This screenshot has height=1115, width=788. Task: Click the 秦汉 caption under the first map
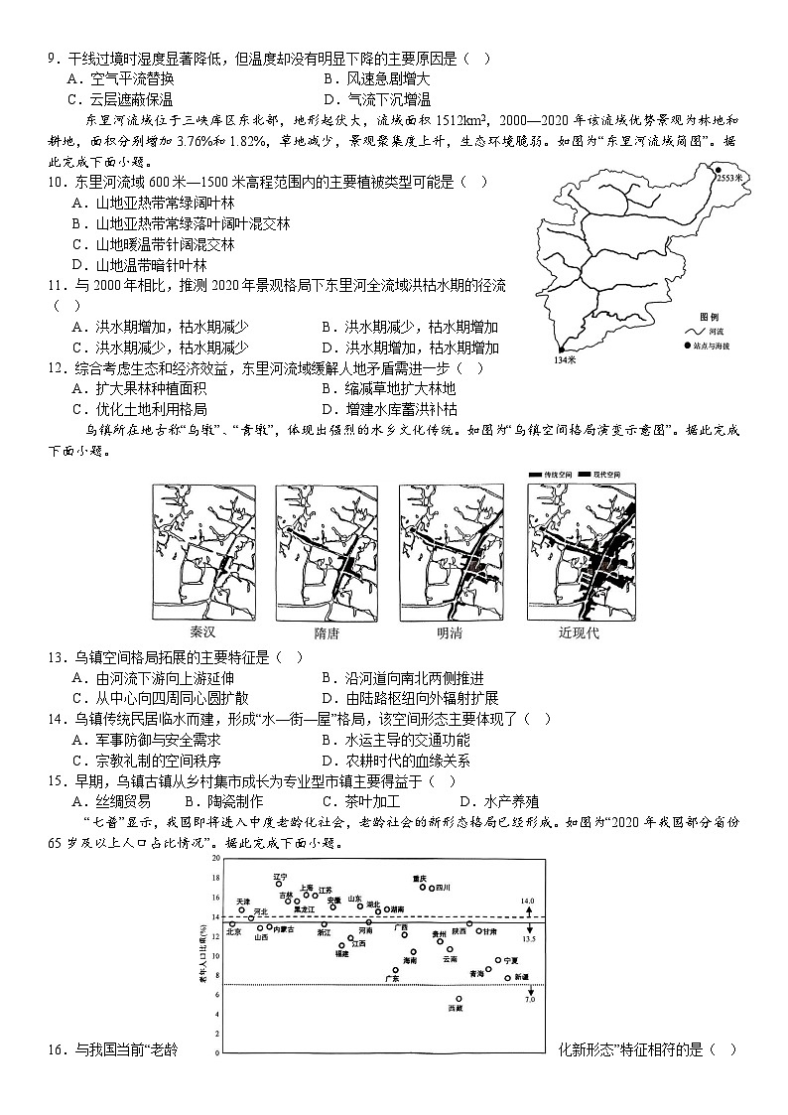tap(201, 632)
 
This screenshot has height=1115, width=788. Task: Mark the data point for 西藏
tap(459, 999)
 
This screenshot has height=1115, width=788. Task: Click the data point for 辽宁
tap(280, 883)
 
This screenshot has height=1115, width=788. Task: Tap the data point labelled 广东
tap(396, 970)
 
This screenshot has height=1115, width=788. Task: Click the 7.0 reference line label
tap(530, 1000)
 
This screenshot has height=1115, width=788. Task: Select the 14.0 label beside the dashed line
tap(528, 902)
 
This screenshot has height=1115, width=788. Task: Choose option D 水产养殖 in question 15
tap(499, 802)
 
